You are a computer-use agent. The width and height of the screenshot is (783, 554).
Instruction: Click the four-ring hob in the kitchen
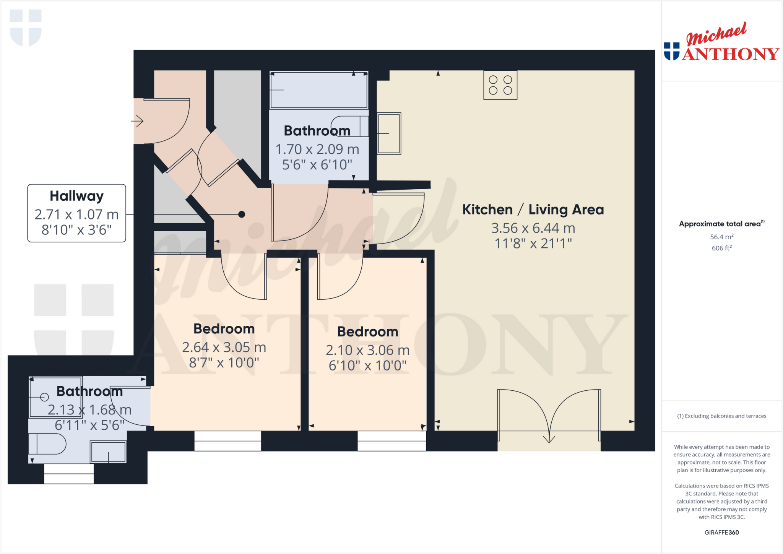[500, 85]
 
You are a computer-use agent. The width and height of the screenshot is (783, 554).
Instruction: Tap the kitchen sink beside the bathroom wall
[389, 133]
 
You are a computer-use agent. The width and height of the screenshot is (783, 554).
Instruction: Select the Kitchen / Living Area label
[533, 210]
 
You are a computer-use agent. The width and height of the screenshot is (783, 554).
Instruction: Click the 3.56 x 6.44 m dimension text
[533, 228]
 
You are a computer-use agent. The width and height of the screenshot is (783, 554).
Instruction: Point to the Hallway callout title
[76, 196]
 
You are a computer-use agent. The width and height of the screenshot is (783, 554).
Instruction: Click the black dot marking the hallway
[242, 214]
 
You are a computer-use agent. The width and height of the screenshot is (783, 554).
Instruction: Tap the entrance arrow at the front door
[137, 122]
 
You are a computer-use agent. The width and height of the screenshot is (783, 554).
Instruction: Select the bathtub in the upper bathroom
[318, 90]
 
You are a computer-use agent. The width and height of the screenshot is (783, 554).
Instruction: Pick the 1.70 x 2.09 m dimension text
[317, 149]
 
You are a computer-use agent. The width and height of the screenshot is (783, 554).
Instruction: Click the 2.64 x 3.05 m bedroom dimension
[224, 348]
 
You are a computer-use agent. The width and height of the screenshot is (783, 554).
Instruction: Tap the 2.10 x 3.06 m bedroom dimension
[367, 350]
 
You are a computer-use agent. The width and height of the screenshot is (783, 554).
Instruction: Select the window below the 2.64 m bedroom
[228, 441]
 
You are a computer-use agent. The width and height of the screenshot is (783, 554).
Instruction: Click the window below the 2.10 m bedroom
[392, 441]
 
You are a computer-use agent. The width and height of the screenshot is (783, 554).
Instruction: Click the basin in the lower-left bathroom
[108, 452]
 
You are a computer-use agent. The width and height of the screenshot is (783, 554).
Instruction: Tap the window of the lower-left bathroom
[69, 474]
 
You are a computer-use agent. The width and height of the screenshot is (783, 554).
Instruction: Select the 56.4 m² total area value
[721, 237]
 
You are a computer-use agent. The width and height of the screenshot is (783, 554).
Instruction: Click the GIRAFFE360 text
[721, 533]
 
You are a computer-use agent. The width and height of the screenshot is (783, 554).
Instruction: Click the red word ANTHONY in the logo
[731, 54]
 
